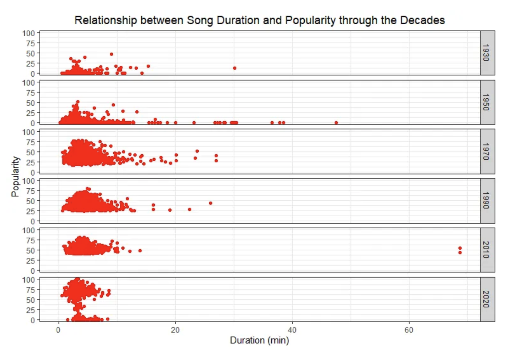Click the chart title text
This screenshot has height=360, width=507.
(259, 20)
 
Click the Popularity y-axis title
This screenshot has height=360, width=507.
(15, 176)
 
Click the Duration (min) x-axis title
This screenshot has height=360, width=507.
(259, 340)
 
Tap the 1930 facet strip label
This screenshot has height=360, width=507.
(487, 53)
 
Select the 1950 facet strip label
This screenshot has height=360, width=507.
(487, 102)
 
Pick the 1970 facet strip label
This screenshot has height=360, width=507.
(487, 151)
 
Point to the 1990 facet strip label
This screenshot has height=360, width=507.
(487, 200)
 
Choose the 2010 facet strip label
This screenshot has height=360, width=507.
(487, 250)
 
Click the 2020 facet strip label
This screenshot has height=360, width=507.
(487, 299)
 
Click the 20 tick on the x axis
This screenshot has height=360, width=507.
(175, 330)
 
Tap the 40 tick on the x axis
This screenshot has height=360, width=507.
(292, 330)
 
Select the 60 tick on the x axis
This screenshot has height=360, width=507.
(409, 330)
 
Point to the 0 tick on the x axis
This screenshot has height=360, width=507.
(58, 330)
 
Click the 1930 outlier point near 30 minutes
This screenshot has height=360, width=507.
(235, 68)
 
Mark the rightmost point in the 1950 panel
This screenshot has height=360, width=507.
(336, 123)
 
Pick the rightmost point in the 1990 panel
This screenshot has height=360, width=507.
(211, 203)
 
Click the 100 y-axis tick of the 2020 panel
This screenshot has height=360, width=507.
(28, 280)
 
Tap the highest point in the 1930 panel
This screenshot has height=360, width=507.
(111, 54)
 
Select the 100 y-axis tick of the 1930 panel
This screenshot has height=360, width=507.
(28, 33)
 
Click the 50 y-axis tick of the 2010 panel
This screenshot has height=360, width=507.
(30, 250)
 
